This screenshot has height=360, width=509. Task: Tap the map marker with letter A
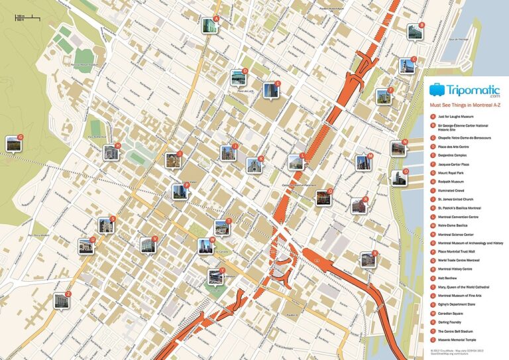(x=209, y=25)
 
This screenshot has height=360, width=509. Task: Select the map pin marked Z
(x=61, y=301)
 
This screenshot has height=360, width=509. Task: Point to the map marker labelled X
(x=368, y=259)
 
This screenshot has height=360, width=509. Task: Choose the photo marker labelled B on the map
(x=415, y=31)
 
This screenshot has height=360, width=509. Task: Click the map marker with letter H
(x=111, y=152)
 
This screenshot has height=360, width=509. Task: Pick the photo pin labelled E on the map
(x=270, y=90)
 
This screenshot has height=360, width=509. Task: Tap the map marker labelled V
(x=147, y=245)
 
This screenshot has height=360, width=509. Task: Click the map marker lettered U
(x=86, y=246)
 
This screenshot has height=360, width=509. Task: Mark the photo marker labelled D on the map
(x=238, y=78)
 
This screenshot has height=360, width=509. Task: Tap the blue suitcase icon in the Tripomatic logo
(x=436, y=89)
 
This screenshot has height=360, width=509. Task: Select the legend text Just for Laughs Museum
(x=452, y=117)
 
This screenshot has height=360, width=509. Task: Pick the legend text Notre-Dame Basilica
(x=453, y=225)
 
